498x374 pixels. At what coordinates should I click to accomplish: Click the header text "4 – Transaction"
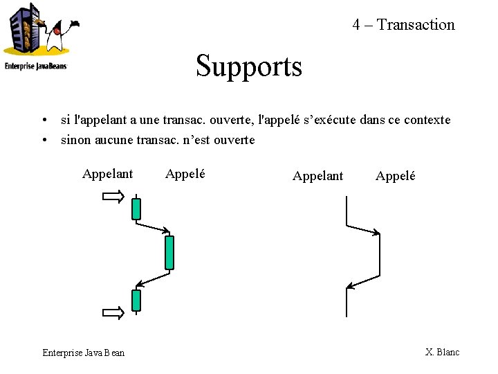tap(403, 25)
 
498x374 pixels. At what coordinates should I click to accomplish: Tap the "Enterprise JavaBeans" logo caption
tap(36, 66)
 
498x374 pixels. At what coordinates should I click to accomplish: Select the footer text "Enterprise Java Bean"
tap(84, 353)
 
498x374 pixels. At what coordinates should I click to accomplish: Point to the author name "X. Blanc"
tap(442, 352)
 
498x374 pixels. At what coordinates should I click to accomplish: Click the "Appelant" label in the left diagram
tap(107, 174)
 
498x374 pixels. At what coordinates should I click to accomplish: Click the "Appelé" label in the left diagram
tap(185, 174)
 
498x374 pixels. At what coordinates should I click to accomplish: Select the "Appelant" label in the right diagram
tap(317, 176)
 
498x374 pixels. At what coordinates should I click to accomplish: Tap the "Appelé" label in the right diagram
tap(395, 176)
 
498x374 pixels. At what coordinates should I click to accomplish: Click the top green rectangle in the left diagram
tap(136, 208)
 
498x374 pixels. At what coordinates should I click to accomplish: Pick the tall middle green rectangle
tap(169, 252)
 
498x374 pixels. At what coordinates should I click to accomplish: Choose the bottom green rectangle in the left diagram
tap(136, 300)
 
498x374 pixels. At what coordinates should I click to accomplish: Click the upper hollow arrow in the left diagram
tap(113, 198)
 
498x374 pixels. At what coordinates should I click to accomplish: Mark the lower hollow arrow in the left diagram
tap(113, 313)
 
